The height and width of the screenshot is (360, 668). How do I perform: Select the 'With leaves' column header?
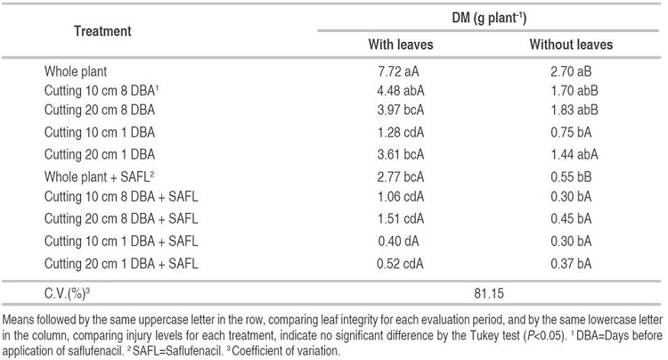coord(403,45)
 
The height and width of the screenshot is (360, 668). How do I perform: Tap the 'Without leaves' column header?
coord(571,45)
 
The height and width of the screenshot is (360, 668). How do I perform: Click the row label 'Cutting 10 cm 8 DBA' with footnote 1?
coord(102,90)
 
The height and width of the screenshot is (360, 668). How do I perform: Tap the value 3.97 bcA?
coord(403,110)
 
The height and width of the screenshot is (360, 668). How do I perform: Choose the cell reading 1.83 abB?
coord(571,110)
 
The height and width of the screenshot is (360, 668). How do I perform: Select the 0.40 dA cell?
coord(403,241)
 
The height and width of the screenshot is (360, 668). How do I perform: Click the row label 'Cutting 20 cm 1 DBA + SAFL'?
coord(121,262)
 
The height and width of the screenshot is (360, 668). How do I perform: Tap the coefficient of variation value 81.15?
coord(486,290)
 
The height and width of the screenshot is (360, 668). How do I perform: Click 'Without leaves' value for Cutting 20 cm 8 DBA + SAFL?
coord(571,220)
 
